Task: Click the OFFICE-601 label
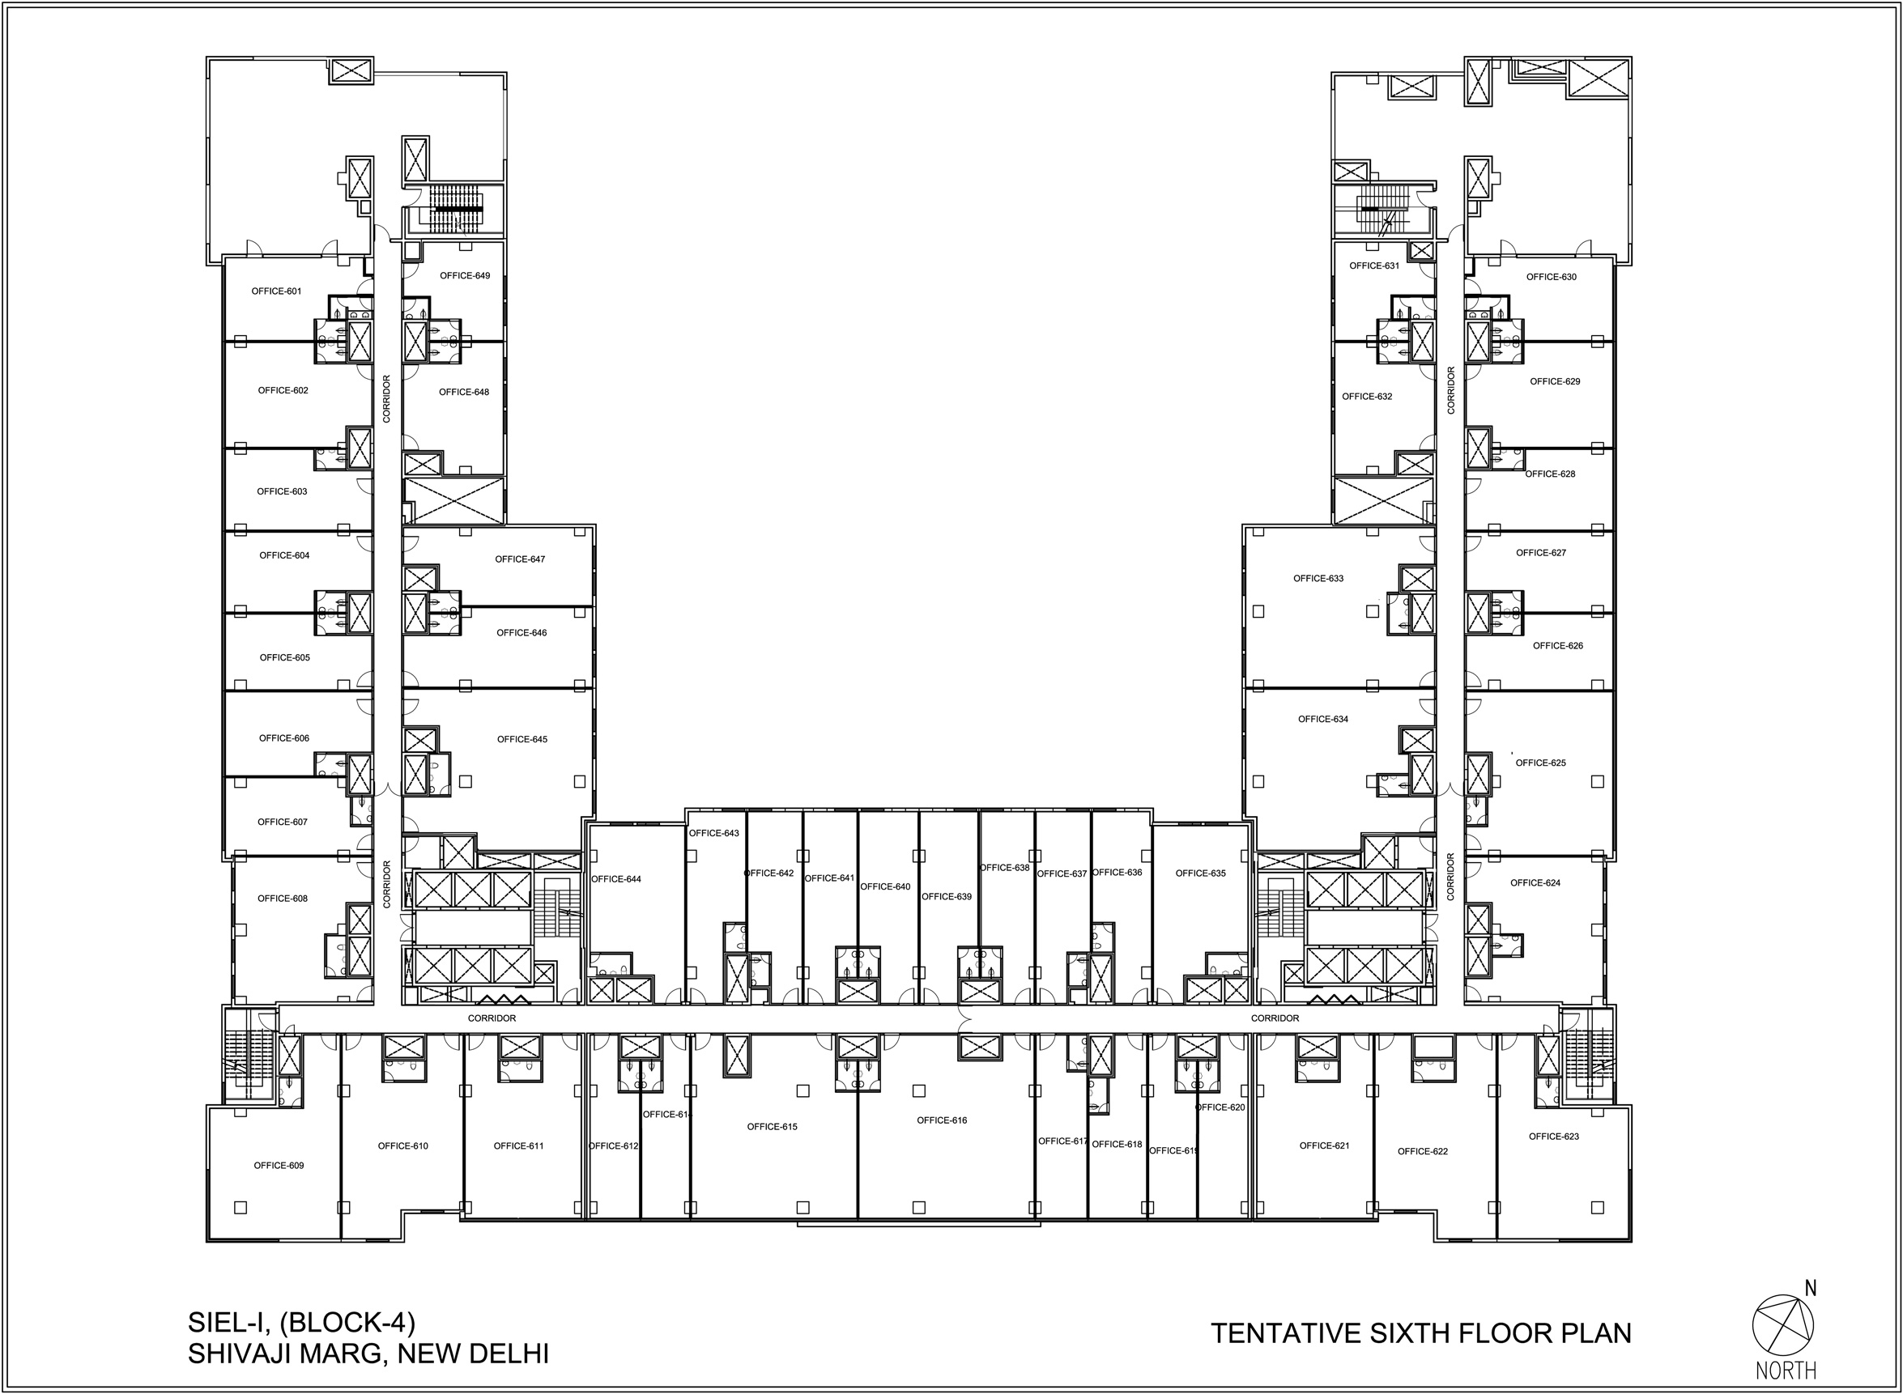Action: [276, 291]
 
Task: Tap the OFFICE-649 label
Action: [465, 275]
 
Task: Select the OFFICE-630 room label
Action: [1551, 277]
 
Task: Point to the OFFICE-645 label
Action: [522, 739]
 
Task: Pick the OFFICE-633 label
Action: [1318, 578]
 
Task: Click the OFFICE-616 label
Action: [942, 1120]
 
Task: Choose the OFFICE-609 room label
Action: [279, 1166]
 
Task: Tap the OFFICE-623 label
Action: [1554, 1136]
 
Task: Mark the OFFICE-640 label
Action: [885, 886]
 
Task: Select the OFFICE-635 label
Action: [1200, 873]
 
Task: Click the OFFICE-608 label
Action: [283, 898]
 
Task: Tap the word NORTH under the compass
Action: [1786, 1370]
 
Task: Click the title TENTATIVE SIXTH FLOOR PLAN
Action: [1421, 1332]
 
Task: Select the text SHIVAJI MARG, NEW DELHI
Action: [368, 1354]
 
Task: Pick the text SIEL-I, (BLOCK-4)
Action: [301, 1322]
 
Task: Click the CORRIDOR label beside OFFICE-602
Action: [386, 399]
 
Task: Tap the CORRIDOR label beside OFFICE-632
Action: [1450, 390]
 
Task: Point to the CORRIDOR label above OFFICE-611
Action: [492, 1018]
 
